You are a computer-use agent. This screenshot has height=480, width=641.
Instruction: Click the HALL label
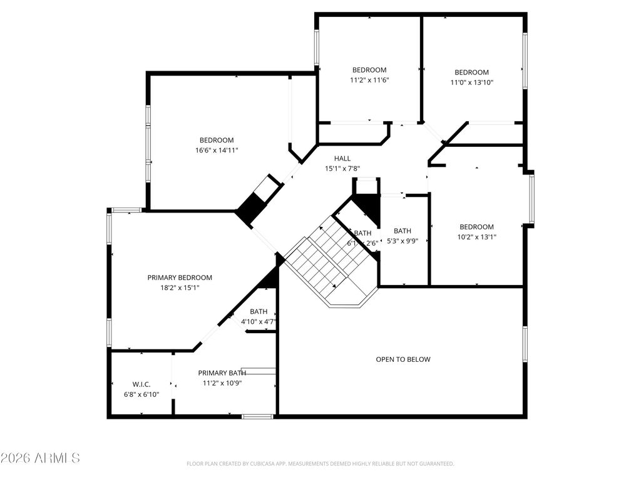click(x=342, y=159)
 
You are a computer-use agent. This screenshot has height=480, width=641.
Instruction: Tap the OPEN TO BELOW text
click(x=403, y=359)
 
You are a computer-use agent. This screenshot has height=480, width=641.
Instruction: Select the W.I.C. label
click(x=141, y=384)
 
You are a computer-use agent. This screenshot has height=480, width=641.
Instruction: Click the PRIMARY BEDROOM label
click(x=180, y=277)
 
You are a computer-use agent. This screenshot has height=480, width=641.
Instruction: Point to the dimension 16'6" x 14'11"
click(x=217, y=150)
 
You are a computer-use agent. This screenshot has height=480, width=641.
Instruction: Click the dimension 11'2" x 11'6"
click(x=369, y=80)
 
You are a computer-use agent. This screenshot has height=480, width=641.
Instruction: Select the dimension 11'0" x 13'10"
click(x=471, y=82)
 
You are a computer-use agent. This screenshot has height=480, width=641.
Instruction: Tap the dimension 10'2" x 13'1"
click(x=476, y=237)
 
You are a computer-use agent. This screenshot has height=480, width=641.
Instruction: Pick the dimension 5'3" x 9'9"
click(x=403, y=241)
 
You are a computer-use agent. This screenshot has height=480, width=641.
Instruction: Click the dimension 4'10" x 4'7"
click(x=259, y=322)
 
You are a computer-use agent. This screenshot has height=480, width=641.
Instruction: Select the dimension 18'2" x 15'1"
click(x=180, y=287)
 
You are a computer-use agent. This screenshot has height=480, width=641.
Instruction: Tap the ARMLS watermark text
click(x=40, y=458)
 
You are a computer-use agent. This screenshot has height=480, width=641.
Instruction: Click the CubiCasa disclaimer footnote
click(x=320, y=464)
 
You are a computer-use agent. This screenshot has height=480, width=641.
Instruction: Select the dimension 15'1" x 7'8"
click(x=342, y=169)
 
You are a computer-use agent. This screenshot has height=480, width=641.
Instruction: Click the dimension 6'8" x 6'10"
click(x=141, y=394)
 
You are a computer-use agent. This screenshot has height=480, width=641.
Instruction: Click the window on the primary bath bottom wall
click(x=257, y=416)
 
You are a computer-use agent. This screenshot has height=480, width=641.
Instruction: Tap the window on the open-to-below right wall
click(x=525, y=344)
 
